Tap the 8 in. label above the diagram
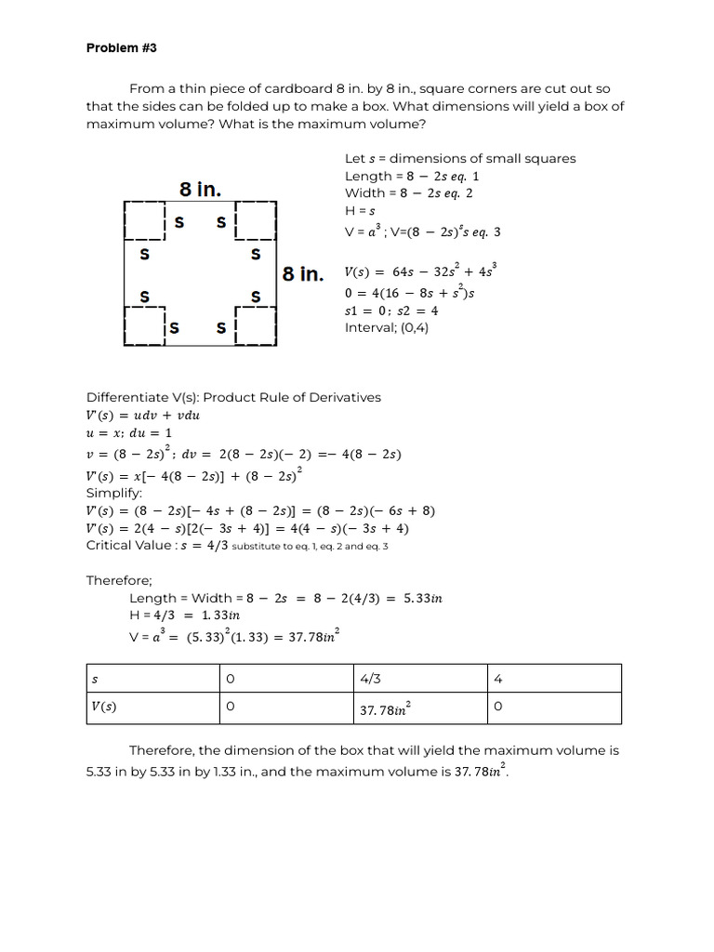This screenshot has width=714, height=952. pos(200,190)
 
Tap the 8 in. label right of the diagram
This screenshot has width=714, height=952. pos(303,274)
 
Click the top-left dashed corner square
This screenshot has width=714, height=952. pos(144,221)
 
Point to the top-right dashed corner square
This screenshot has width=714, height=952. pos(257,221)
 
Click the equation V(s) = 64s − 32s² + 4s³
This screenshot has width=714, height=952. pos(421,271)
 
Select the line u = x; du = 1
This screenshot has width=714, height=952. pos(129,433)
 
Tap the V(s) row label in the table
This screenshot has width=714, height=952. pos(103,707)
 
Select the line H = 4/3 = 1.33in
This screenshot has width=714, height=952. pos(185,615)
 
